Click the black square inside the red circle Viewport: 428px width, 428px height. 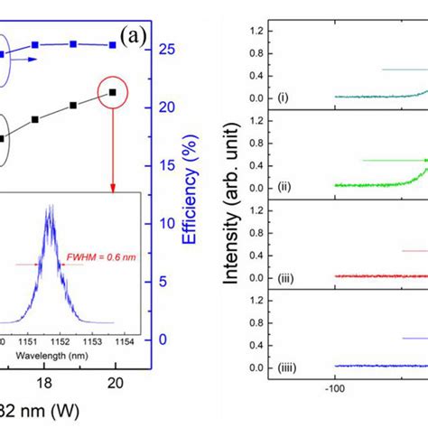tap(112, 92)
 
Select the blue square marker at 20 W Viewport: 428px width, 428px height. tap(112, 44)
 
